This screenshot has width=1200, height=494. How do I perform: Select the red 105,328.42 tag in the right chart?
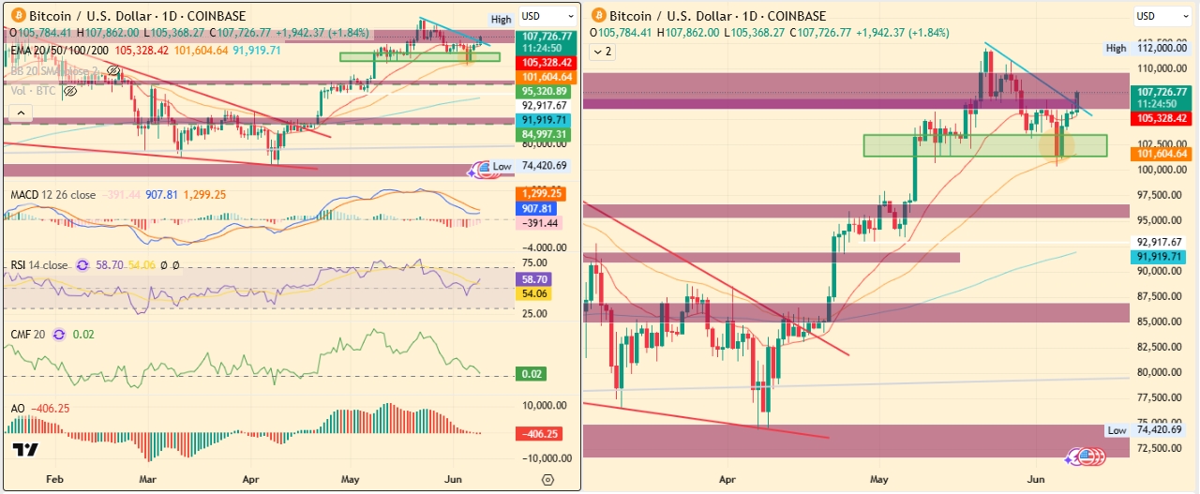pos(1162,119)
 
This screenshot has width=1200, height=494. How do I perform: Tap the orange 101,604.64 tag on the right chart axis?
pos(1162,154)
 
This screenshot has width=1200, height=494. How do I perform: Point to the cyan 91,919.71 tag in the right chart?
pos(1162,255)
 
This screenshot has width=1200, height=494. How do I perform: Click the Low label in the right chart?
pos(1117,430)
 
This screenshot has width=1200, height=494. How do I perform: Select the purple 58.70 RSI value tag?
pos(532,279)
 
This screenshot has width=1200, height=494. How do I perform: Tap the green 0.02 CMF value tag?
pos(532,374)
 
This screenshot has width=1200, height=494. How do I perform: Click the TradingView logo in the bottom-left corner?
pos(25,450)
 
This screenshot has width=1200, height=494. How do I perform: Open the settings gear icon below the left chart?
pos(547,480)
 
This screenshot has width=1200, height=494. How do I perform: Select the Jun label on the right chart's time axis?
pos(1035,480)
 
